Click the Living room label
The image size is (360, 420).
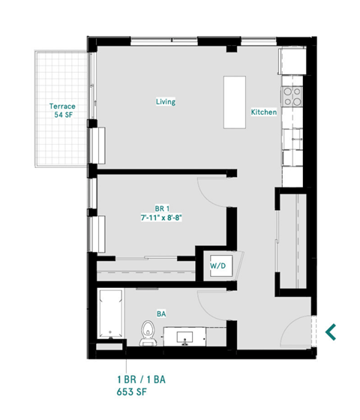[x=166, y=101]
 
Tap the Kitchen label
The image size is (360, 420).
[x=263, y=112]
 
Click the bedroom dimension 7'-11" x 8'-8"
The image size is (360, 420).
[x=161, y=217]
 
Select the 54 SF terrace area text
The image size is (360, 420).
[x=62, y=117]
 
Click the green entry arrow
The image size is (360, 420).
[x=331, y=330]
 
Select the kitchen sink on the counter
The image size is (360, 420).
[x=293, y=136]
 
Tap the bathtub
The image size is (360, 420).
[x=110, y=315]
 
